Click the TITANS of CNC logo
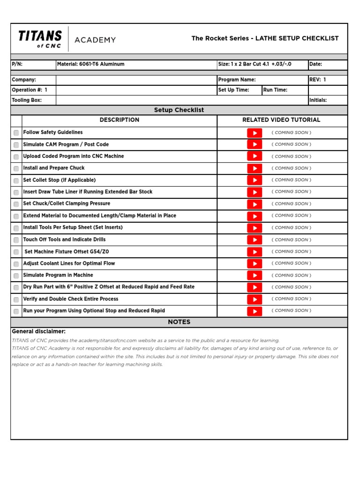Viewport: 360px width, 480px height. (x=40, y=38)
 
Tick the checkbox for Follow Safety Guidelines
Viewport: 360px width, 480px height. (x=16, y=133)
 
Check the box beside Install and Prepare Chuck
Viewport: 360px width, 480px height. (x=16, y=169)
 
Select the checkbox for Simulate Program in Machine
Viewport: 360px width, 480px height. (x=16, y=276)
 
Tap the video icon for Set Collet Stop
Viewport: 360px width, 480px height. (x=255, y=180)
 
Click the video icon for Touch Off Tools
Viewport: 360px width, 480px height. (x=255, y=240)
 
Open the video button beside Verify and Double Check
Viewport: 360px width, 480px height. (x=255, y=300)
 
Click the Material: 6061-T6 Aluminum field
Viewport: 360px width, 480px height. (x=90, y=64)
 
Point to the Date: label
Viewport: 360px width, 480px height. (x=315, y=64)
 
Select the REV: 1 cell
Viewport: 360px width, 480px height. (x=318, y=80)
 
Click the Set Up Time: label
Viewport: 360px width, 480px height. (x=233, y=90)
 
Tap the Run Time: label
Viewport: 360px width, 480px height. (x=275, y=90)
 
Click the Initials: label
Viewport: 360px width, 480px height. (x=318, y=100)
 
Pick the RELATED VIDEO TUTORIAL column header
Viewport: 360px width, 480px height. (x=281, y=120)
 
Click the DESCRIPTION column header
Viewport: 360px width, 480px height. (x=120, y=120)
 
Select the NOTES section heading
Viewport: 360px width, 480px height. (x=179, y=322)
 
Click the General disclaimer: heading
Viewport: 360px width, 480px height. (x=38, y=331)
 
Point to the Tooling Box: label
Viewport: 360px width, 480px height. (x=27, y=100)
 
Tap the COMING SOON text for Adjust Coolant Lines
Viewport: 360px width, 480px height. (x=291, y=263)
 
